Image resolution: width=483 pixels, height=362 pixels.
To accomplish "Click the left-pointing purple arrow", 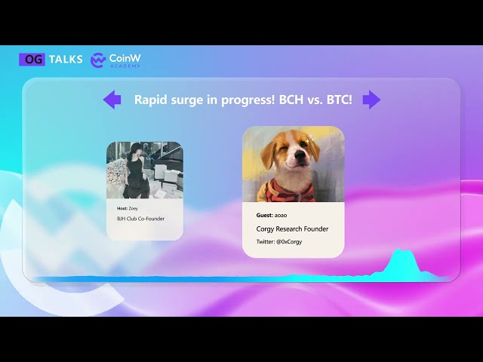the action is point(112,100).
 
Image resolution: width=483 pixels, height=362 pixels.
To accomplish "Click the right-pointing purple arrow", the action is point(371,100).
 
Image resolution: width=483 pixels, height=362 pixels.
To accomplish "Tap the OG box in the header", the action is point(32,60).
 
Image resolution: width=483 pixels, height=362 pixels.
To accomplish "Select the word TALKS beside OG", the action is point(66,60).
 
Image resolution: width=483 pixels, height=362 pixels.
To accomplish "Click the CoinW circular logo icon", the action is point(98,60).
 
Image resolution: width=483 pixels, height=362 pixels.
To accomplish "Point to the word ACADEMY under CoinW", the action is point(125,66).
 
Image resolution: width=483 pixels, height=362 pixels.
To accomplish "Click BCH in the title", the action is point(291,100).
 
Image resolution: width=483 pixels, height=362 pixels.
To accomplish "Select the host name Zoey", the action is point(134,208).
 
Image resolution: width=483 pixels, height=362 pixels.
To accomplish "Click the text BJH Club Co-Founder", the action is point(141,219).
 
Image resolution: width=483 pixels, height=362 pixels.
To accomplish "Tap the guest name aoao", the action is point(281,215).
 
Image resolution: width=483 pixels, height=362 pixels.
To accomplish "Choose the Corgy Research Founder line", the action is point(292,229).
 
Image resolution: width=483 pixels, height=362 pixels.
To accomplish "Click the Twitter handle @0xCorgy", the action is point(289,242).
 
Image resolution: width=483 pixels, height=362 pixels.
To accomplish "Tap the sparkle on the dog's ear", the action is point(308,140).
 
